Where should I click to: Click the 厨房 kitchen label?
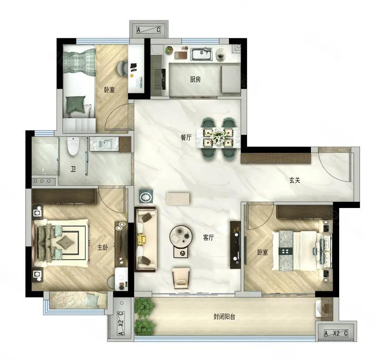click(195, 79)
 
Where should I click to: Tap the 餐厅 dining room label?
click(186, 138)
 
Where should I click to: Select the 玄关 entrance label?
click(295, 180)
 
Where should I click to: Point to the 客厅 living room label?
click(208, 237)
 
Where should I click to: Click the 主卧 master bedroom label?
click(102, 247)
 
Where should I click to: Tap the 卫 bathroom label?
click(73, 169)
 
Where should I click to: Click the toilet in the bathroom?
click(73, 146)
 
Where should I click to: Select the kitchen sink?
click(201, 54)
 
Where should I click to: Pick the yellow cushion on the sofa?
click(142, 239)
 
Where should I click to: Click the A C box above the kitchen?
click(149, 31)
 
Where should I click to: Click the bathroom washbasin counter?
click(106, 144)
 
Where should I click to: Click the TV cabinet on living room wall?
click(235, 245)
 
